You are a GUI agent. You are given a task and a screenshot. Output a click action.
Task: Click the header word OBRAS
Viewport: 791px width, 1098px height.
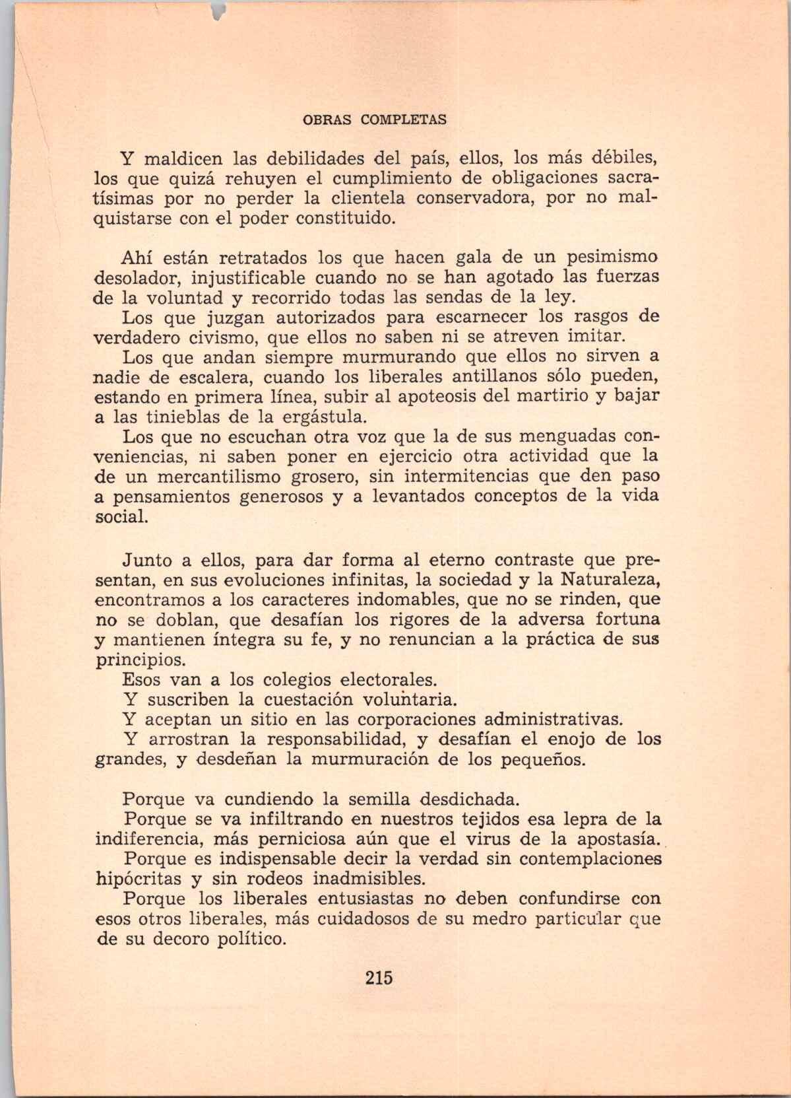[321, 120]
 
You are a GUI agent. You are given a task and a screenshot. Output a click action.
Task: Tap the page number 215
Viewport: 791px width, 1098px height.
[379, 977]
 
